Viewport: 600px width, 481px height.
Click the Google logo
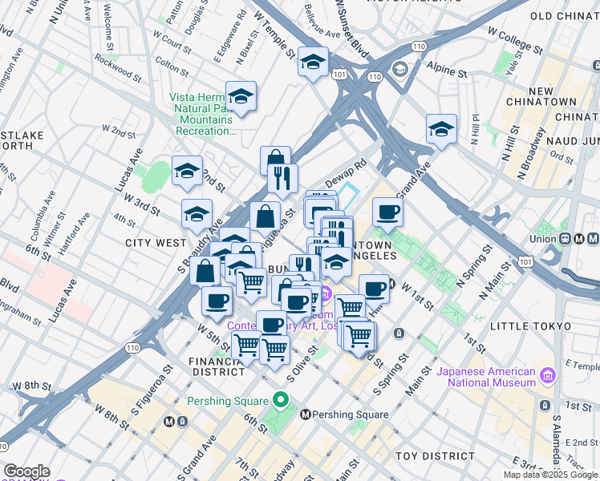click(26, 471)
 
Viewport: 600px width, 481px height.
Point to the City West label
click(156, 242)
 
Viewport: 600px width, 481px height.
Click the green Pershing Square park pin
click(280, 399)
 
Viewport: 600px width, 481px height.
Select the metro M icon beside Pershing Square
click(305, 414)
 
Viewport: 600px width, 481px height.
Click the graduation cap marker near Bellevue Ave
click(313, 62)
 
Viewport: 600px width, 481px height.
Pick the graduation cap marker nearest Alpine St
click(440, 128)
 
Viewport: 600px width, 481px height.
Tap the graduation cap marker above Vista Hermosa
click(240, 96)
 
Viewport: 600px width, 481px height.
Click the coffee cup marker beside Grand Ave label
click(388, 212)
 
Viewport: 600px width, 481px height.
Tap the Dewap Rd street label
click(346, 172)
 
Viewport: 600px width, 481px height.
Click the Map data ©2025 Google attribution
click(549, 475)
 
